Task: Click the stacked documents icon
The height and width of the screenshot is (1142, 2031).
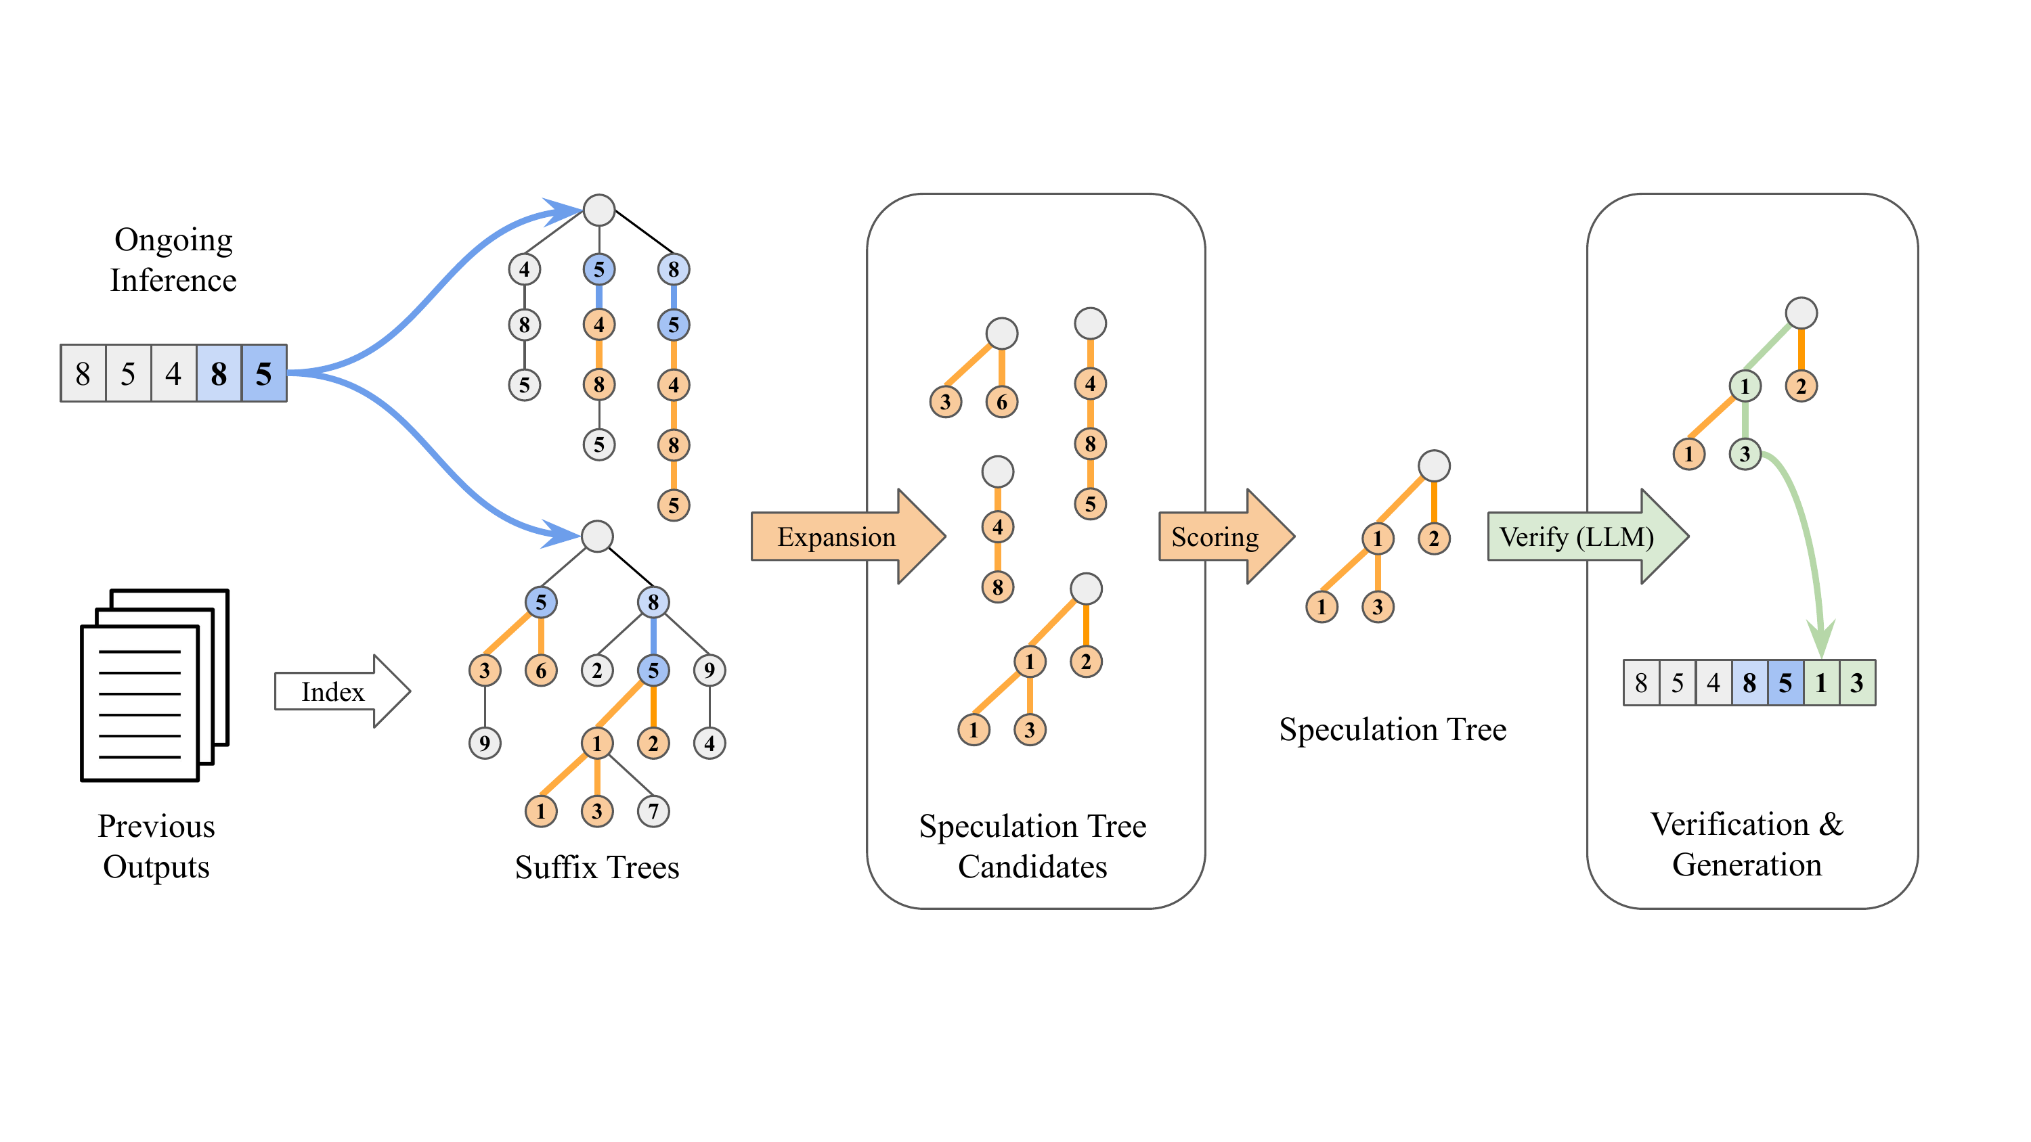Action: pyautogui.click(x=154, y=685)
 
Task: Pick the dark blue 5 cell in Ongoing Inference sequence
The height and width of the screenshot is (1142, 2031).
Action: pyautogui.click(x=264, y=373)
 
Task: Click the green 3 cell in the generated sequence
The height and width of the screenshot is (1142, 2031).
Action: pyautogui.click(x=1857, y=683)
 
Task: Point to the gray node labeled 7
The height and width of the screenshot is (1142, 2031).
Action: pyautogui.click(x=653, y=811)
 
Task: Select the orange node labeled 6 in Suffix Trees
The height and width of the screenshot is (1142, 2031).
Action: pyautogui.click(x=541, y=670)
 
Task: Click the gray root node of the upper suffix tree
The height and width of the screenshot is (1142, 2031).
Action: pyautogui.click(x=599, y=210)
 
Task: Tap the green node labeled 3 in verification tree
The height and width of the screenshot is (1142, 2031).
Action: pyautogui.click(x=1745, y=454)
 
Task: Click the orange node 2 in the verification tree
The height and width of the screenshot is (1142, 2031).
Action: pyautogui.click(x=1801, y=386)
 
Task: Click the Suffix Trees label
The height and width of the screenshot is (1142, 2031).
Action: pyautogui.click(x=597, y=867)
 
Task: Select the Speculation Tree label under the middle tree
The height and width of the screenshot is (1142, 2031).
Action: pyautogui.click(x=1393, y=729)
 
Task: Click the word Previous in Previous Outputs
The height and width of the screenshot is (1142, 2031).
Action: pyautogui.click(x=156, y=826)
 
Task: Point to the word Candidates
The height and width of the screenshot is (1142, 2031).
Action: pyautogui.click(x=1032, y=867)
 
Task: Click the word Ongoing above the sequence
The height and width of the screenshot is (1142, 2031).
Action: pyautogui.click(x=173, y=239)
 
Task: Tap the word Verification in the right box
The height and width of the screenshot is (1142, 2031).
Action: pyautogui.click(x=1729, y=825)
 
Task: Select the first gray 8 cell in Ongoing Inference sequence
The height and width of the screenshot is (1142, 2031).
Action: pyautogui.click(x=83, y=373)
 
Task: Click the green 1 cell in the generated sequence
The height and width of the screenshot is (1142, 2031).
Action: pyautogui.click(x=1820, y=683)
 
